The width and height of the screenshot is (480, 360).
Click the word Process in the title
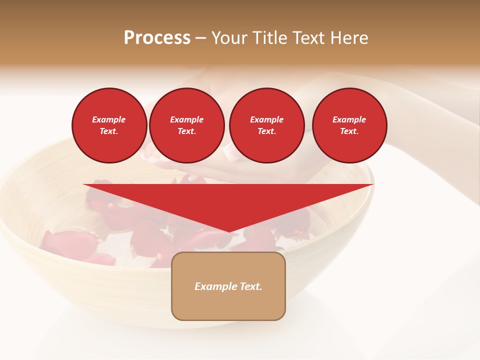[x=157, y=38]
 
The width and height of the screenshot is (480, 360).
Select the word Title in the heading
[x=270, y=38]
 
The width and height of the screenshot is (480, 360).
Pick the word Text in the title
[x=308, y=38]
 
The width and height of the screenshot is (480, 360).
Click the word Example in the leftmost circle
[x=109, y=119]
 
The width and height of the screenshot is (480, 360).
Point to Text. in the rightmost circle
[x=349, y=131]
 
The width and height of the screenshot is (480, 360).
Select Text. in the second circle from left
[x=186, y=131]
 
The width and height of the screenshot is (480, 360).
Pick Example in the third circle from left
[x=266, y=119]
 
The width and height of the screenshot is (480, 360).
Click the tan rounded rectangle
[x=228, y=305]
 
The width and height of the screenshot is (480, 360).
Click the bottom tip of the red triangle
[x=229, y=231]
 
